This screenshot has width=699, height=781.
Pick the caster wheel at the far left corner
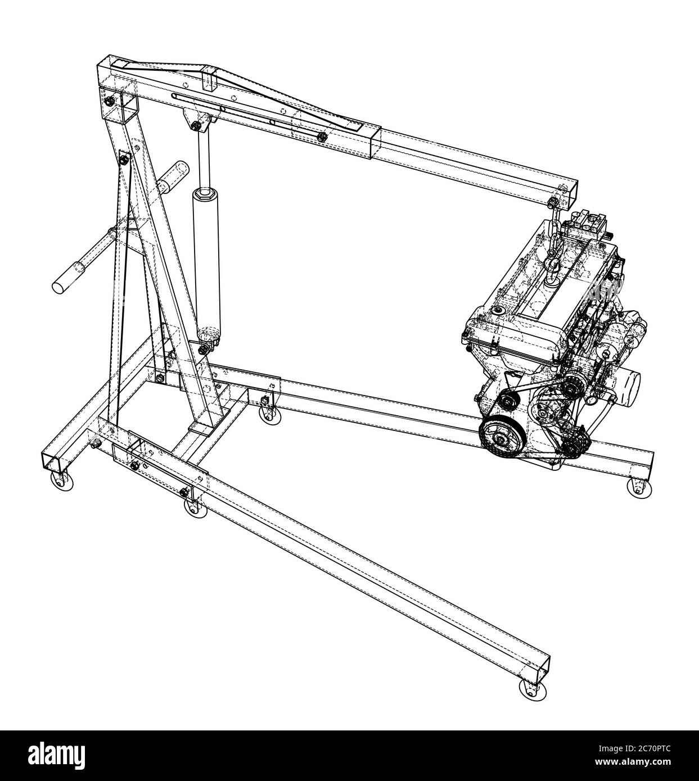pyautogui.click(x=58, y=480)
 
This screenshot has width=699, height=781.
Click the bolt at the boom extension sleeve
pyautogui.click(x=322, y=137)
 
